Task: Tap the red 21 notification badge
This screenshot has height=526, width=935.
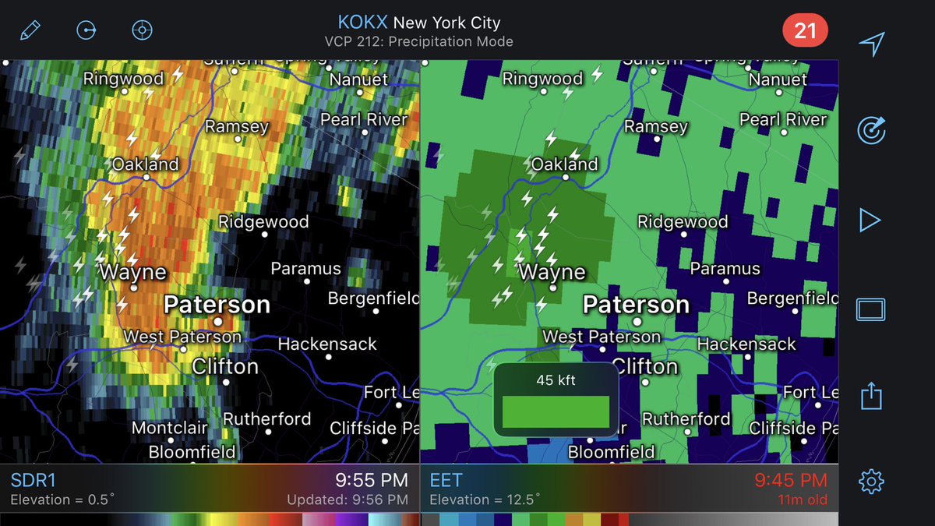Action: (x=805, y=31)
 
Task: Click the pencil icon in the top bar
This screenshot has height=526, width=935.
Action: (x=30, y=31)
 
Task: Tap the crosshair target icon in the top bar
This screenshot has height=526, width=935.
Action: (x=142, y=31)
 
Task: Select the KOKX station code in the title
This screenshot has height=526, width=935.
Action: (x=362, y=22)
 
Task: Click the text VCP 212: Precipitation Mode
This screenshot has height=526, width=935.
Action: (x=418, y=41)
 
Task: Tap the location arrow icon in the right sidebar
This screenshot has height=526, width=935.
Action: (x=870, y=44)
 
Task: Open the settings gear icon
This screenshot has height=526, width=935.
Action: (x=870, y=482)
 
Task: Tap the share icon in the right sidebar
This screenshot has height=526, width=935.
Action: (x=870, y=395)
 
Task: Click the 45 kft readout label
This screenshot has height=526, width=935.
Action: (x=556, y=380)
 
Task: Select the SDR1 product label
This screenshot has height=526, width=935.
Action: (x=34, y=480)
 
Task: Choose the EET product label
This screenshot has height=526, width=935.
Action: (x=446, y=480)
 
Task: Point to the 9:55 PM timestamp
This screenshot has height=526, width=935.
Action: (x=372, y=480)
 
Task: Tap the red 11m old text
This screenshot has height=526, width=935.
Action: (x=803, y=500)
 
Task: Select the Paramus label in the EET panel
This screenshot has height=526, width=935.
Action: (x=725, y=270)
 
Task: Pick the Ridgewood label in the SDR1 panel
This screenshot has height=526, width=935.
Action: (x=263, y=222)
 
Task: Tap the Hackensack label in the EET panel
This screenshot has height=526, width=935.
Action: (x=746, y=344)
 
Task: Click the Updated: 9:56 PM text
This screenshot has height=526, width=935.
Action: (x=348, y=500)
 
